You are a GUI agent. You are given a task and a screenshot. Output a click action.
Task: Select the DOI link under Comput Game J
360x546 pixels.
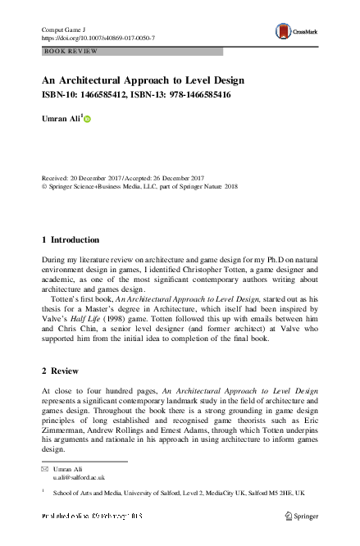point(98,38)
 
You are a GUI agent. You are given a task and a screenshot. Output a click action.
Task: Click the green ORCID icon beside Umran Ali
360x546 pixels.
point(88,120)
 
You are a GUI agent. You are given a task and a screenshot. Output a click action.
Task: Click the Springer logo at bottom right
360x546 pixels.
point(301,516)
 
